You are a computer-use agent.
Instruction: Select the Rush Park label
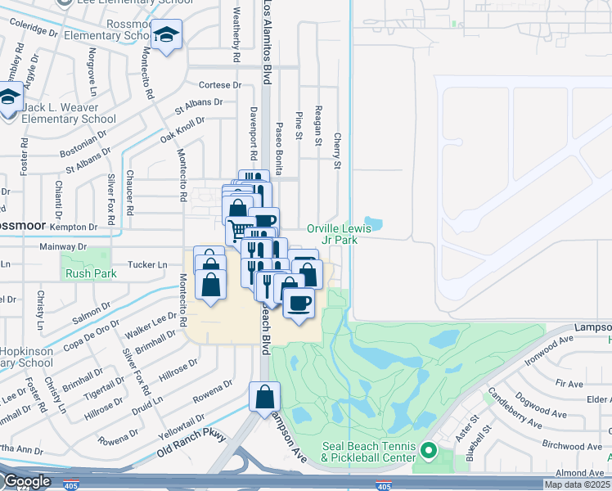point(86,275)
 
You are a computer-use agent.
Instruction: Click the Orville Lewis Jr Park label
point(339,234)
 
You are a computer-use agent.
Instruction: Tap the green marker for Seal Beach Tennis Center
point(427,451)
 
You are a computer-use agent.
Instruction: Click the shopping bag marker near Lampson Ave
point(265,399)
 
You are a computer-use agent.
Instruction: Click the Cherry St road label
point(336,152)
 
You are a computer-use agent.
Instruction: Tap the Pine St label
point(299,128)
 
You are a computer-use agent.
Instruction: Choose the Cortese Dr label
point(222,84)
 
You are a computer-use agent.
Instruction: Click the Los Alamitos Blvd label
point(267,41)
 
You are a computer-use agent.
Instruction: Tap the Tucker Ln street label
point(148,264)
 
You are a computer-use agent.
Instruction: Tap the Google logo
point(26,482)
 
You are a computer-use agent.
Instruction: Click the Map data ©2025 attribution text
point(577,484)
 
